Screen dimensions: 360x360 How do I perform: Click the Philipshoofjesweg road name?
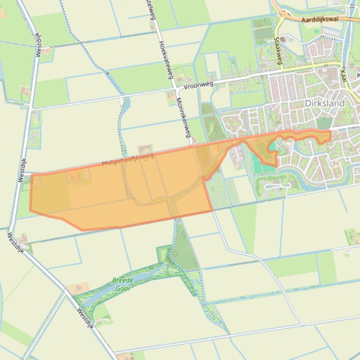pyautogui.click(x=128, y=159)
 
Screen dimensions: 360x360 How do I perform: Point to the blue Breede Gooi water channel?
pyautogui.click(x=108, y=292)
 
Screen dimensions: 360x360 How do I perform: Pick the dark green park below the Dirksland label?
pyautogui.click(x=324, y=123)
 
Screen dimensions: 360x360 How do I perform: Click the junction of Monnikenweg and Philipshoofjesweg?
pyautogui.click(x=192, y=146)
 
